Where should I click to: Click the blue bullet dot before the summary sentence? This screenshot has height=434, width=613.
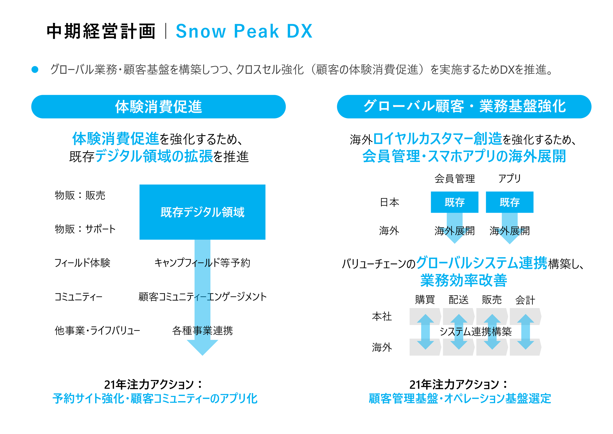coord(35,70)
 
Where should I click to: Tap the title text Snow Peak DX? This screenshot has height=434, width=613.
coord(244,31)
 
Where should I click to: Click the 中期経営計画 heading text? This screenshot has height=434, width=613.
coord(101,31)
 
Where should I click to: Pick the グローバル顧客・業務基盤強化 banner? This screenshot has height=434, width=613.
coord(464,107)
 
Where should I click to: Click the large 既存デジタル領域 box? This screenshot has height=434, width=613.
coord(202,212)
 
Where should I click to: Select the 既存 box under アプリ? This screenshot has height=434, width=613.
coord(509,202)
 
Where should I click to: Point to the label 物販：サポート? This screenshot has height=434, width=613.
coord(85,229)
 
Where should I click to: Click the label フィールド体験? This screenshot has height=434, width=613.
coord(82,263)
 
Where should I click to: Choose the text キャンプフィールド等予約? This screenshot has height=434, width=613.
coord(202,263)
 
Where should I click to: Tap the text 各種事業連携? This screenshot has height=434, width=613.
coord(202,331)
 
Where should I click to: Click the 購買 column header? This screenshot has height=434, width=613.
coord(425,300)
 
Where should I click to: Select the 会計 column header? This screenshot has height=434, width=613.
coord(525,300)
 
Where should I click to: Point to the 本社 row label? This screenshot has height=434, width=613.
coord(382,317)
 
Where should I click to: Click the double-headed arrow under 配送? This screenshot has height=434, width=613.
coord(459,332)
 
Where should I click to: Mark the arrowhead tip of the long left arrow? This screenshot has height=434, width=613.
coord(202,355)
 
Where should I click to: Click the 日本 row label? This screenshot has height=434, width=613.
coord(389,202)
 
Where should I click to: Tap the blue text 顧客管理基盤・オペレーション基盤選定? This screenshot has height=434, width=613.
coord(460,399)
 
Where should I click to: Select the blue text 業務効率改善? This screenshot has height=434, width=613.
coord(464,280)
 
